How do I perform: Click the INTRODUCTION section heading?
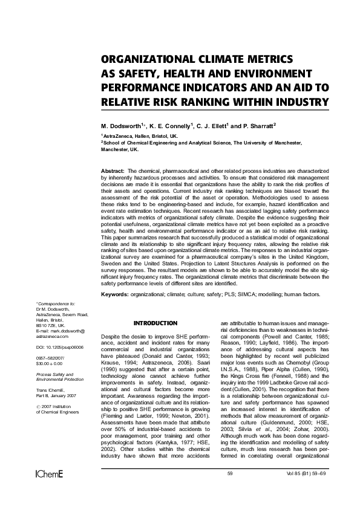155,323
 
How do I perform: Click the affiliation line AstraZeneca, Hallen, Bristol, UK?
141,137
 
